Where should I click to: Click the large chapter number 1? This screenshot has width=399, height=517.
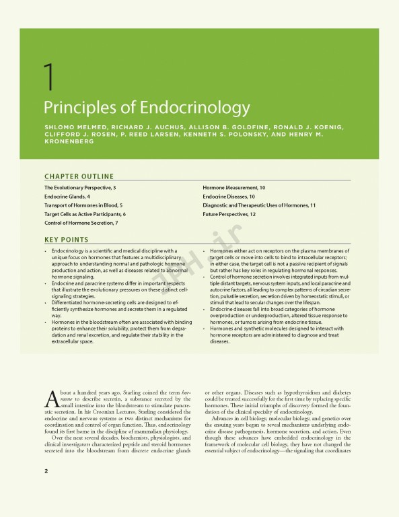coord(48,80)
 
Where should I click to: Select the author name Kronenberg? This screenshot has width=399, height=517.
coord(68,142)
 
